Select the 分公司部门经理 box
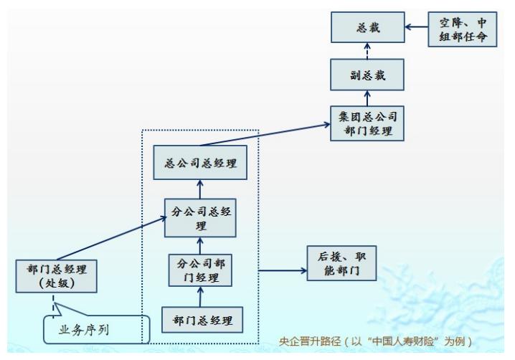[x=202, y=270]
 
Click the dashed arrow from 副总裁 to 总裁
[x=367, y=52]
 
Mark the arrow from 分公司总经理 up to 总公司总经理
[x=201, y=188]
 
